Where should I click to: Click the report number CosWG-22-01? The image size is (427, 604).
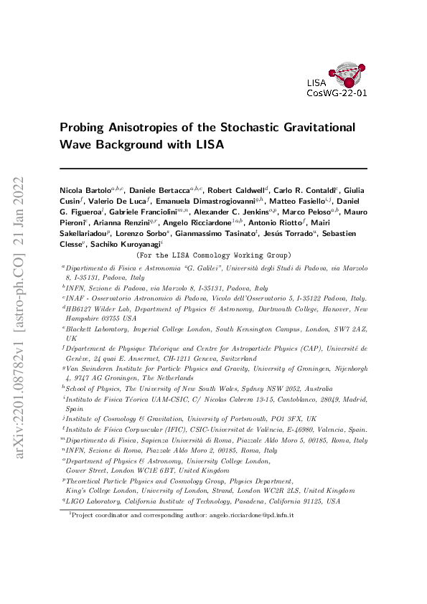click(337, 93)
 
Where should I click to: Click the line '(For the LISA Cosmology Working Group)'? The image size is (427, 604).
click(213, 255)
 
